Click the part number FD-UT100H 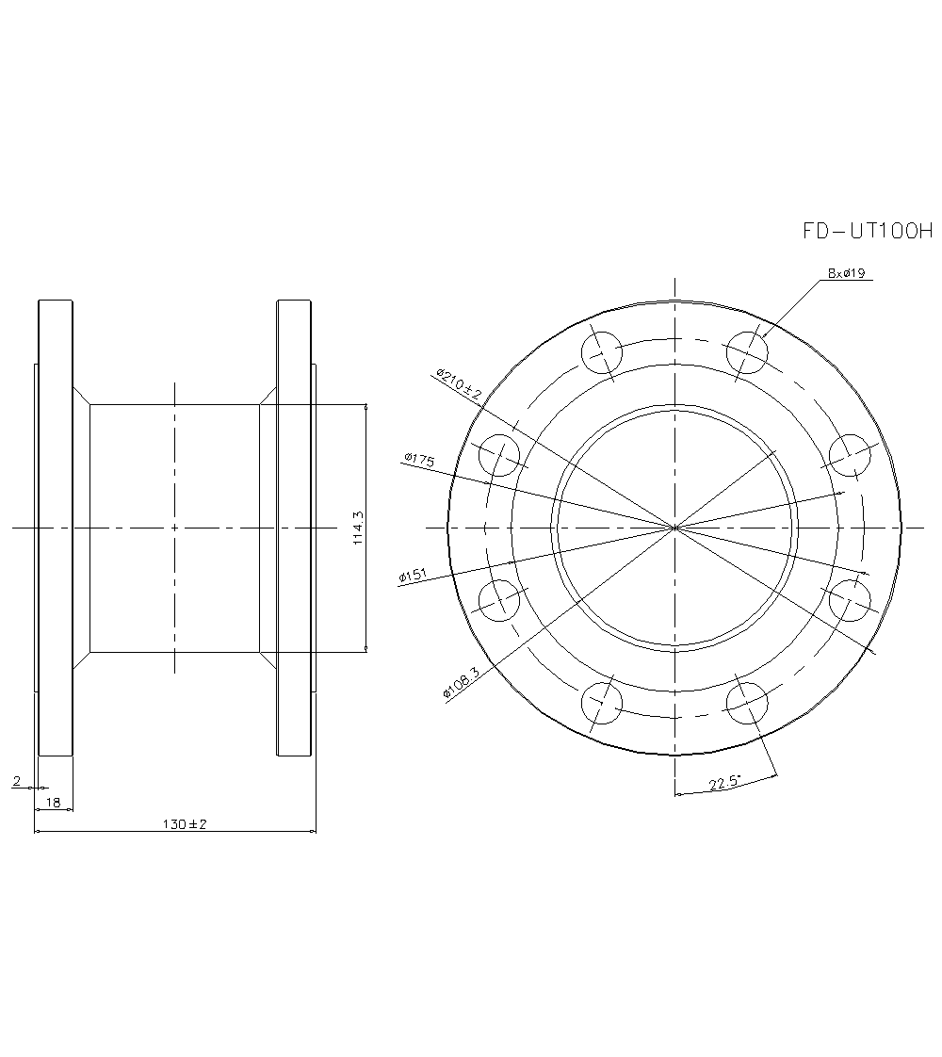point(866,231)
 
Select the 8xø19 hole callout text point(845,274)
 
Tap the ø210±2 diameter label point(459,385)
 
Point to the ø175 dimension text point(418,459)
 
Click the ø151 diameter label point(414,576)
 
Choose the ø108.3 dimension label point(461,680)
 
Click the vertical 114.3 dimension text point(357,528)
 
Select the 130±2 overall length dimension point(184,823)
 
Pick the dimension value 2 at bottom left point(16,781)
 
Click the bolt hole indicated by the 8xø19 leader point(747,352)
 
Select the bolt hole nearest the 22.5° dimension point(747,703)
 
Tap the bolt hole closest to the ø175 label point(499,456)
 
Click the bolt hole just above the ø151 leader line point(499,599)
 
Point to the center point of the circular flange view point(674,528)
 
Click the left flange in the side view point(56,528)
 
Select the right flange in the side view point(294,528)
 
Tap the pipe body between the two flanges point(174,471)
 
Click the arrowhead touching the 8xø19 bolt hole point(762,336)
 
